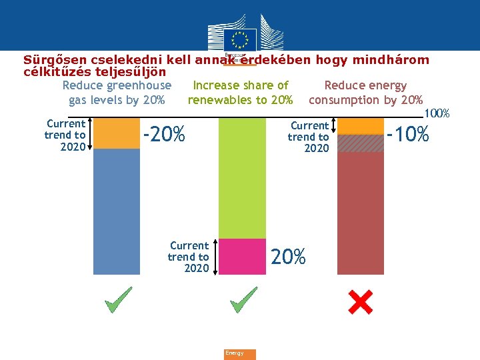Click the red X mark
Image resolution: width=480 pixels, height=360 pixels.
tap(361, 303)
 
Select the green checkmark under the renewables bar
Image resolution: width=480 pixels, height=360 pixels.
tap(243, 301)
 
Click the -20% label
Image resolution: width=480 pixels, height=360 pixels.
tap(164, 135)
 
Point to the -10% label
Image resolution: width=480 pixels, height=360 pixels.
tap(408, 135)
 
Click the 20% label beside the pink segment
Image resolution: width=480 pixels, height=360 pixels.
tap(289, 256)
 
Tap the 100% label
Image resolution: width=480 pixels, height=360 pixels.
tap(437, 114)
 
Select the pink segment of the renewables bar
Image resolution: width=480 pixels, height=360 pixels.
tap(243, 257)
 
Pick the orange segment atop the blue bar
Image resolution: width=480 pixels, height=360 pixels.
tap(117, 133)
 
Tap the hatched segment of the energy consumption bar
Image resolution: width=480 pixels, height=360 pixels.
tap(361, 143)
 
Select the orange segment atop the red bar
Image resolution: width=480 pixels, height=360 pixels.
tap(361, 126)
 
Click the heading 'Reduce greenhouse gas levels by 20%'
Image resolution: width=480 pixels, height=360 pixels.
tap(117, 93)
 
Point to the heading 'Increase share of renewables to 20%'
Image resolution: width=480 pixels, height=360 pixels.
tap(240, 93)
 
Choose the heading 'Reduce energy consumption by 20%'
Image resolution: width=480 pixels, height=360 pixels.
tap(365, 93)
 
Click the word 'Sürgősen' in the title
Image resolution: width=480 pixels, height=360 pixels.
tap(54, 60)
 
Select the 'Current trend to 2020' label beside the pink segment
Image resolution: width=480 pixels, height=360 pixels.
tap(189, 257)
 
